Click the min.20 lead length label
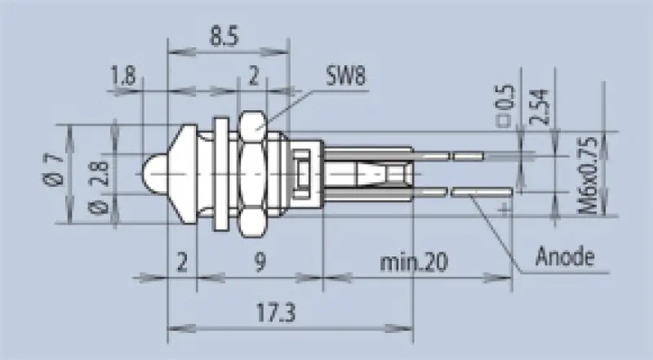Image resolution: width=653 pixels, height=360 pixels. [414, 263]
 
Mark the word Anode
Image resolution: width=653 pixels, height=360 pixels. [564, 258]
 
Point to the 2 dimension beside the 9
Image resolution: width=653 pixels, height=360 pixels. [181, 263]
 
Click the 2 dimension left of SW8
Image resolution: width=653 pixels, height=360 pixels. [253, 78]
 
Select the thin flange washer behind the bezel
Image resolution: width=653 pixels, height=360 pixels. [220, 173]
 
